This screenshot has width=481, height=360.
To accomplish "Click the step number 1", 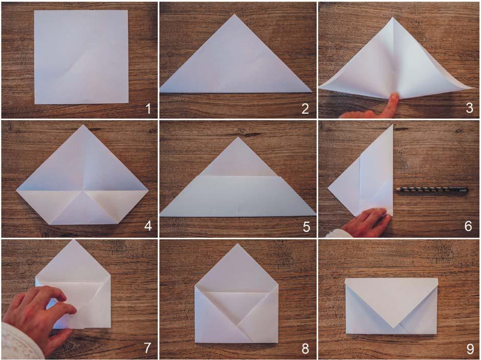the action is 148,109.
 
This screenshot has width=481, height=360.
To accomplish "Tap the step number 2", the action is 305,109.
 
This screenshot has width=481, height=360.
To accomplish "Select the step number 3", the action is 469,108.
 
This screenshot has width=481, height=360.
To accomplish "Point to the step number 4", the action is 148,226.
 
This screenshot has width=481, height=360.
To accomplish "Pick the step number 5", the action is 306,227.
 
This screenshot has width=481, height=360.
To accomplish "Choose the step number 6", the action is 468,226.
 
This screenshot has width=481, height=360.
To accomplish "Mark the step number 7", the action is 147,348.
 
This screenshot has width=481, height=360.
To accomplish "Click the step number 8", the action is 305,349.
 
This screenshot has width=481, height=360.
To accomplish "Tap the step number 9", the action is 470,349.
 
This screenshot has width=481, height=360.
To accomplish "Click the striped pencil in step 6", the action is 431,190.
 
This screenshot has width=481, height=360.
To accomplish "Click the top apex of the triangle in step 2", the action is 235,14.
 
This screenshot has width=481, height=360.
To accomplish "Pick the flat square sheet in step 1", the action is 81,57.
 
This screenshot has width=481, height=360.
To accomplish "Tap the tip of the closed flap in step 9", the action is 394,328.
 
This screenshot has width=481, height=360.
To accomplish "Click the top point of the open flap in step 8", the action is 237,244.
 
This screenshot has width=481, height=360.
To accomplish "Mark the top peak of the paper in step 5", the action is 238,137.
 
